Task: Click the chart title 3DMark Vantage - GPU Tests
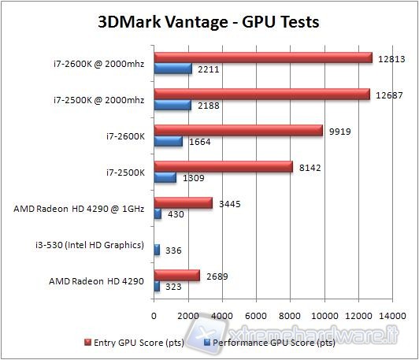pos(209,21)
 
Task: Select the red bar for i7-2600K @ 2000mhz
pos(262,58)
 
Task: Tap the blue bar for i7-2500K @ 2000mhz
pos(172,105)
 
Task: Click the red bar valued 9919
pos(238,130)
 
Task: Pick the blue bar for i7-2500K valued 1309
pos(165,177)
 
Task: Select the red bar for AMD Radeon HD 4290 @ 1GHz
pos(183,202)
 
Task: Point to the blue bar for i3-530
pos(157,250)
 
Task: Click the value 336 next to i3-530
pos(173,251)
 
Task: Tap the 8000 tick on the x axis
pos(290,314)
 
